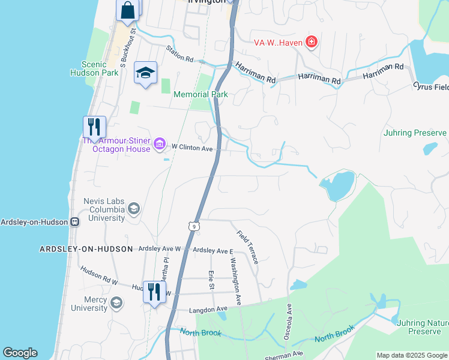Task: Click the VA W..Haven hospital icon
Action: tap(311, 41)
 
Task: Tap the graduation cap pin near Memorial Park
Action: tap(145, 73)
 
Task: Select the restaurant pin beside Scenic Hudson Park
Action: tap(94, 127)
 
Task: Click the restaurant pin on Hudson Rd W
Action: tap(154, 293)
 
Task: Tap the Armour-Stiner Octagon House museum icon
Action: tap(160, 143)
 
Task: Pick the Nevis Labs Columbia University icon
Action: tap(133, 209)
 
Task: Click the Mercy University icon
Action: tap(116, 302)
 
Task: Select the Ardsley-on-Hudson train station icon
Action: tap(76, 221)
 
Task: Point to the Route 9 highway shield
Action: tap(193, 226)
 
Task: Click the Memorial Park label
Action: tap(200, 94)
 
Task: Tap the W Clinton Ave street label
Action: tap(192, 146)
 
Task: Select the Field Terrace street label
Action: tap(247, 247)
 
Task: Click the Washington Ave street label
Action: tap(234, 281)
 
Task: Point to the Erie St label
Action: tap(211, 280)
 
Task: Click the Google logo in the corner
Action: tap(20, 353)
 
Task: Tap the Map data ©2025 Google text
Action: tap(412, 355)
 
